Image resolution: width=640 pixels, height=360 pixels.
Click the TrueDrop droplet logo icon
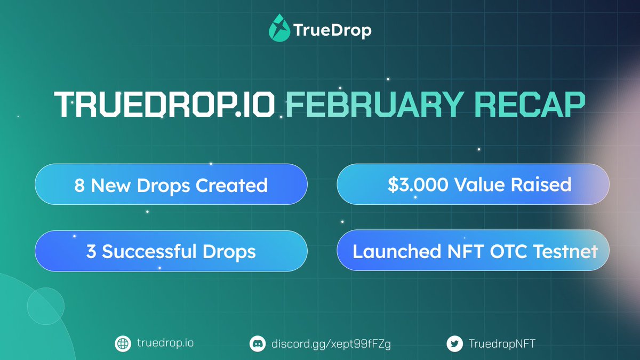279,29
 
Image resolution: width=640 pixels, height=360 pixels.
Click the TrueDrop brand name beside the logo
332,30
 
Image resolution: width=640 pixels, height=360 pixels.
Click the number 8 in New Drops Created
79,185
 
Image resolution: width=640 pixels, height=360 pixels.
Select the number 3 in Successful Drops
91,251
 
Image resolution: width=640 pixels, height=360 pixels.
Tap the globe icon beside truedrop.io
123,343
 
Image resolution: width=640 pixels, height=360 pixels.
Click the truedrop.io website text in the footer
164,343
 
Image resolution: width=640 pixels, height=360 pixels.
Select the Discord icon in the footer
258,343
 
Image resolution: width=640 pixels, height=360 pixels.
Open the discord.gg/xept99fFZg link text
330,343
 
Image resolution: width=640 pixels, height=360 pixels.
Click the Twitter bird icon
454,343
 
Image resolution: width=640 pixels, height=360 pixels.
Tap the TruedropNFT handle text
501,343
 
